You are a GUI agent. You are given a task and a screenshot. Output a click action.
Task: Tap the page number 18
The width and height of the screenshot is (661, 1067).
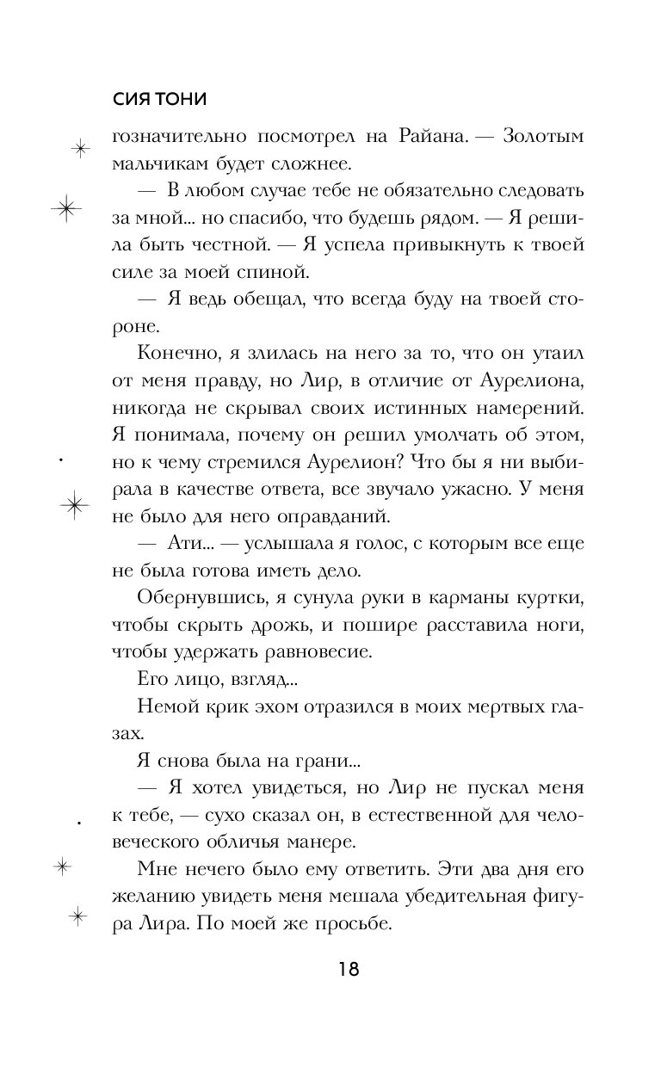coord(348,970)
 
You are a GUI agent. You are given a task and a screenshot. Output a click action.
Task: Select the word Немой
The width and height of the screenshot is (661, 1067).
coord(161,707)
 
